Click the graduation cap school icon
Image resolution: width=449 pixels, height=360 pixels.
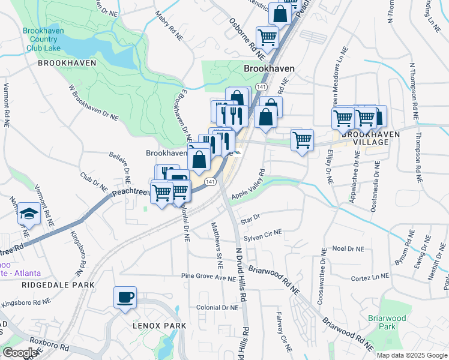tap(28, 214)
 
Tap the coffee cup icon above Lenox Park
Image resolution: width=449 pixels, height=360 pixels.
tap(125, 298)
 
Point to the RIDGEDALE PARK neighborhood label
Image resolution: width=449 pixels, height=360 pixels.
tap(51, 286)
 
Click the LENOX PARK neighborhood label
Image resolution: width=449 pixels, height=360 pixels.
tap(159, 325)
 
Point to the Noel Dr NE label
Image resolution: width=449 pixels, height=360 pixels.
tap(348, 248)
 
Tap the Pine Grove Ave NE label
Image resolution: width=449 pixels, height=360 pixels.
tap(208, 277)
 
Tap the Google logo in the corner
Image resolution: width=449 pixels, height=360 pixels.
tap(20, 353)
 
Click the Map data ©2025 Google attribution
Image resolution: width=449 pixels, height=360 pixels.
tap(411, 355)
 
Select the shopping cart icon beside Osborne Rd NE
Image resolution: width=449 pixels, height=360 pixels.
tap(267, 37)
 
